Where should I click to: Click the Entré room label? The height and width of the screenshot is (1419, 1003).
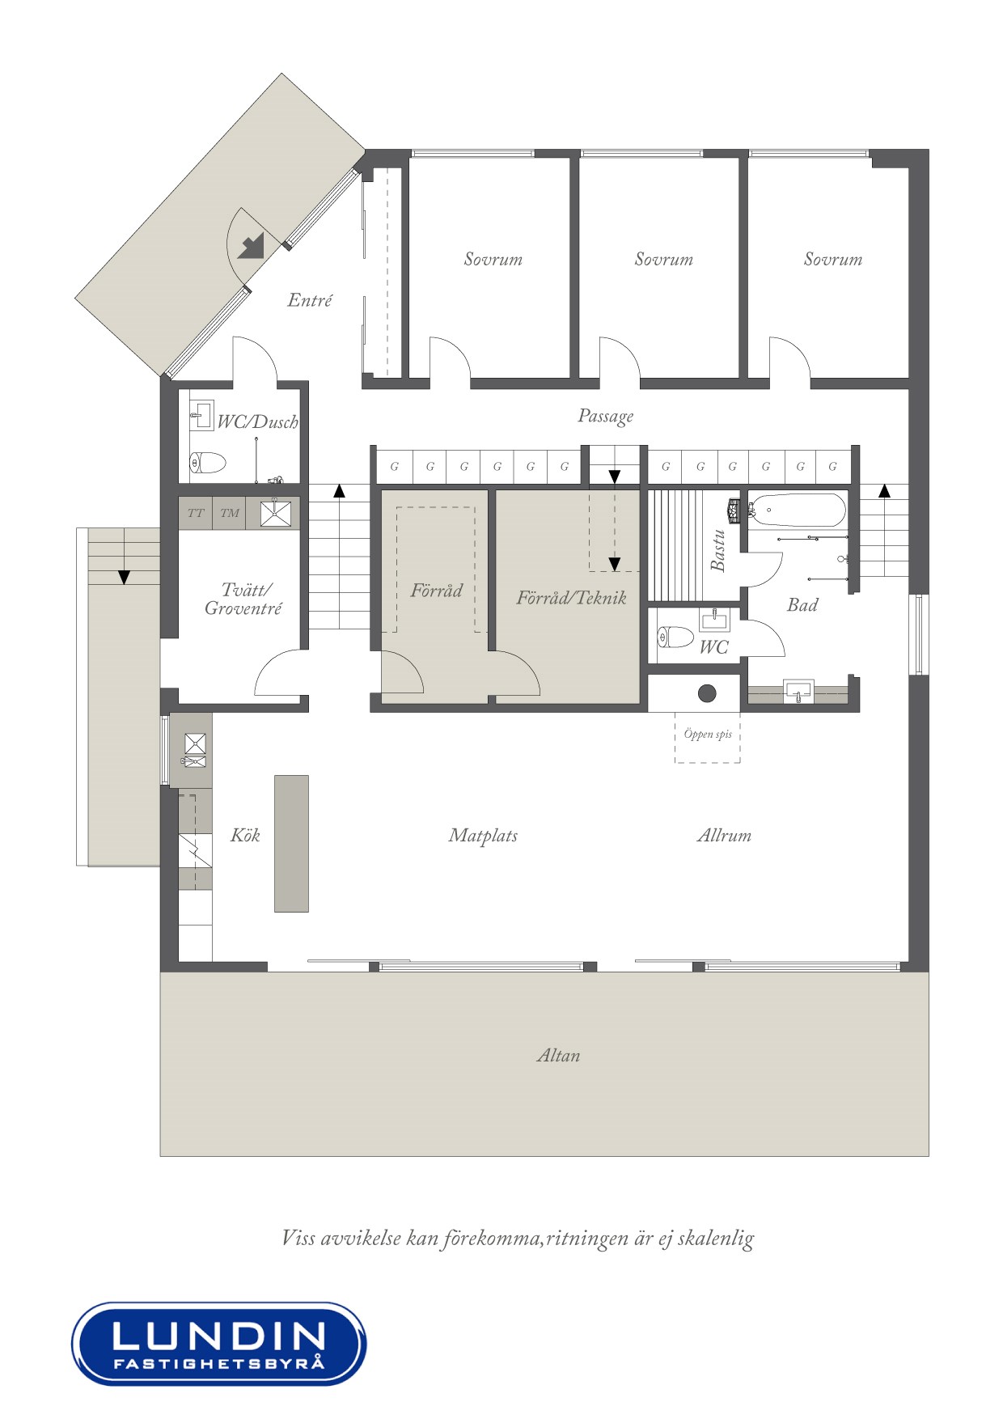pos(310,300)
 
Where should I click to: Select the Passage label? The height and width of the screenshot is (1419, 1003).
pos(605,416)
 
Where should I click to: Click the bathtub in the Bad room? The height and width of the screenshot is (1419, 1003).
pos(797,510)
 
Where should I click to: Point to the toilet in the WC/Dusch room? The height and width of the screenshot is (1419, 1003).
pos(208,464)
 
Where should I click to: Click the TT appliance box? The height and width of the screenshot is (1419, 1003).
pos(196,513)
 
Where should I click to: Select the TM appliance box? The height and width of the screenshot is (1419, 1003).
pos(230,513)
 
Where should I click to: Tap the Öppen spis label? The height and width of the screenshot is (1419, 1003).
pos(708,734)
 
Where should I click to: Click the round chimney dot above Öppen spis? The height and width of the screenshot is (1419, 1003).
pos(707,693)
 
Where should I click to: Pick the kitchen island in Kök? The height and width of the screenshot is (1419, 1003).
pos(291,843)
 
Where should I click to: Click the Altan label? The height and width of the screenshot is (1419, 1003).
pos(558,1055)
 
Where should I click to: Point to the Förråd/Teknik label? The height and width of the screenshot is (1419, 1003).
pos(571,598)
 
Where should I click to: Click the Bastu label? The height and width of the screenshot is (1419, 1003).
pos(717,550)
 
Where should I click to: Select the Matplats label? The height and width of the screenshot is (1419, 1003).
pos(483,835)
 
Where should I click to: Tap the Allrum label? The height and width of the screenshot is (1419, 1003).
pos(724,835)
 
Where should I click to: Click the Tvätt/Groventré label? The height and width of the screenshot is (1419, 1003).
pos(243,599)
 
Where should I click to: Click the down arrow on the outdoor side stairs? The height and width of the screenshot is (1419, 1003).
pos(124,577)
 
